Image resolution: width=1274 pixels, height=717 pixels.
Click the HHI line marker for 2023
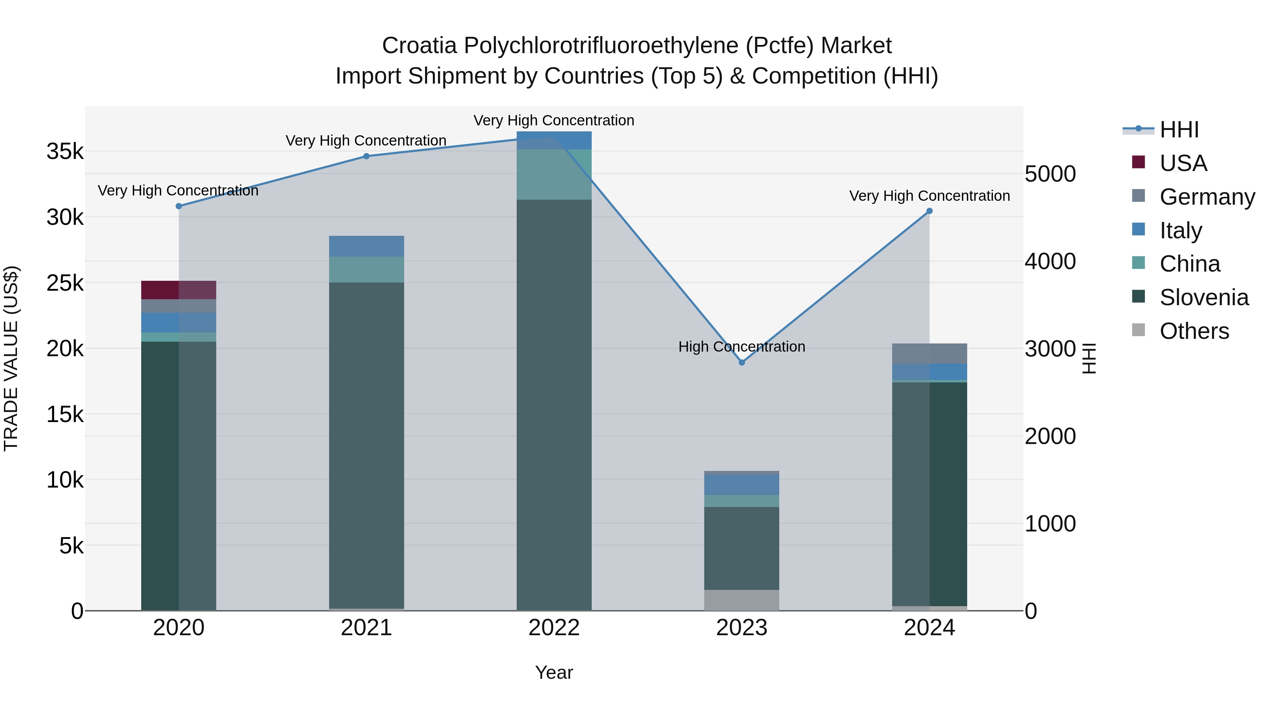(x=741, y=362)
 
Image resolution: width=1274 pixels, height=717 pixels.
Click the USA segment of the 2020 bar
(x=179, y=290)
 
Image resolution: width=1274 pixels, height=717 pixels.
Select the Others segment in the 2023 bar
(x=741, y=600)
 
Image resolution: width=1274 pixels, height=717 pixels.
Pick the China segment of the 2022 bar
(x=554, y=174)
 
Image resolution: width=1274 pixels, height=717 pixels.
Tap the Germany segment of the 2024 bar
(x=929, y=353)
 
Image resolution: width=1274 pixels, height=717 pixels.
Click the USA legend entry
(x=1183, y=163)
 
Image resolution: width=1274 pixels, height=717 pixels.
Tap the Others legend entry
(x=1194, y=331)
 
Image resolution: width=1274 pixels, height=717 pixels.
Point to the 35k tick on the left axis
(x=65, y=152)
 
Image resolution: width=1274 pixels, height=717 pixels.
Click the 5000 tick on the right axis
(x=1050, y=174)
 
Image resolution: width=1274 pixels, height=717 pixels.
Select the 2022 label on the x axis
(x=554, y=628)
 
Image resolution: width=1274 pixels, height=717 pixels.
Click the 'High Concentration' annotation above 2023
(x=741, y=346)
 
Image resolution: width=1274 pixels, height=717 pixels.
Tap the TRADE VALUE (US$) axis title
(x=11, y=358)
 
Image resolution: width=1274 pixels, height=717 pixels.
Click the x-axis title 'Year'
(x=554, y=672)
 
